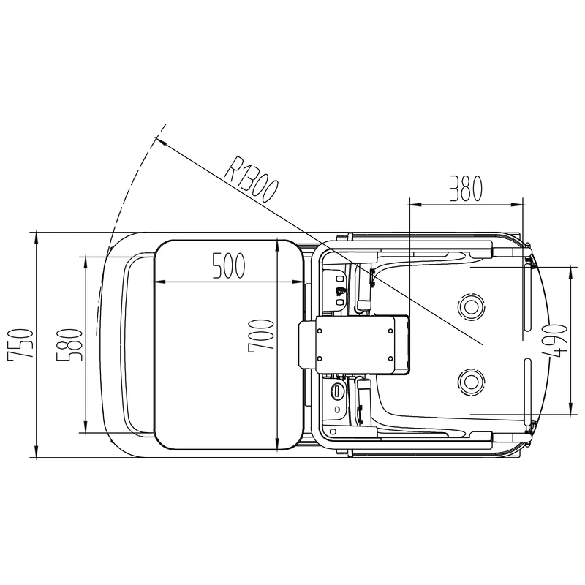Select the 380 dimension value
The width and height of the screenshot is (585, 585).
click(466, 188)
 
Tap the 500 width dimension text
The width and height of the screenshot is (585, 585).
click(227, 267)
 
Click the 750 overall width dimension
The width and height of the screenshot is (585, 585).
click(22, 344)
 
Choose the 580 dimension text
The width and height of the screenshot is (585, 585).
click(71, 344)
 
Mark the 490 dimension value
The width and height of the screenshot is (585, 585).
click(556, 341)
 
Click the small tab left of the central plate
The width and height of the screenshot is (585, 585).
click(306, 344)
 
